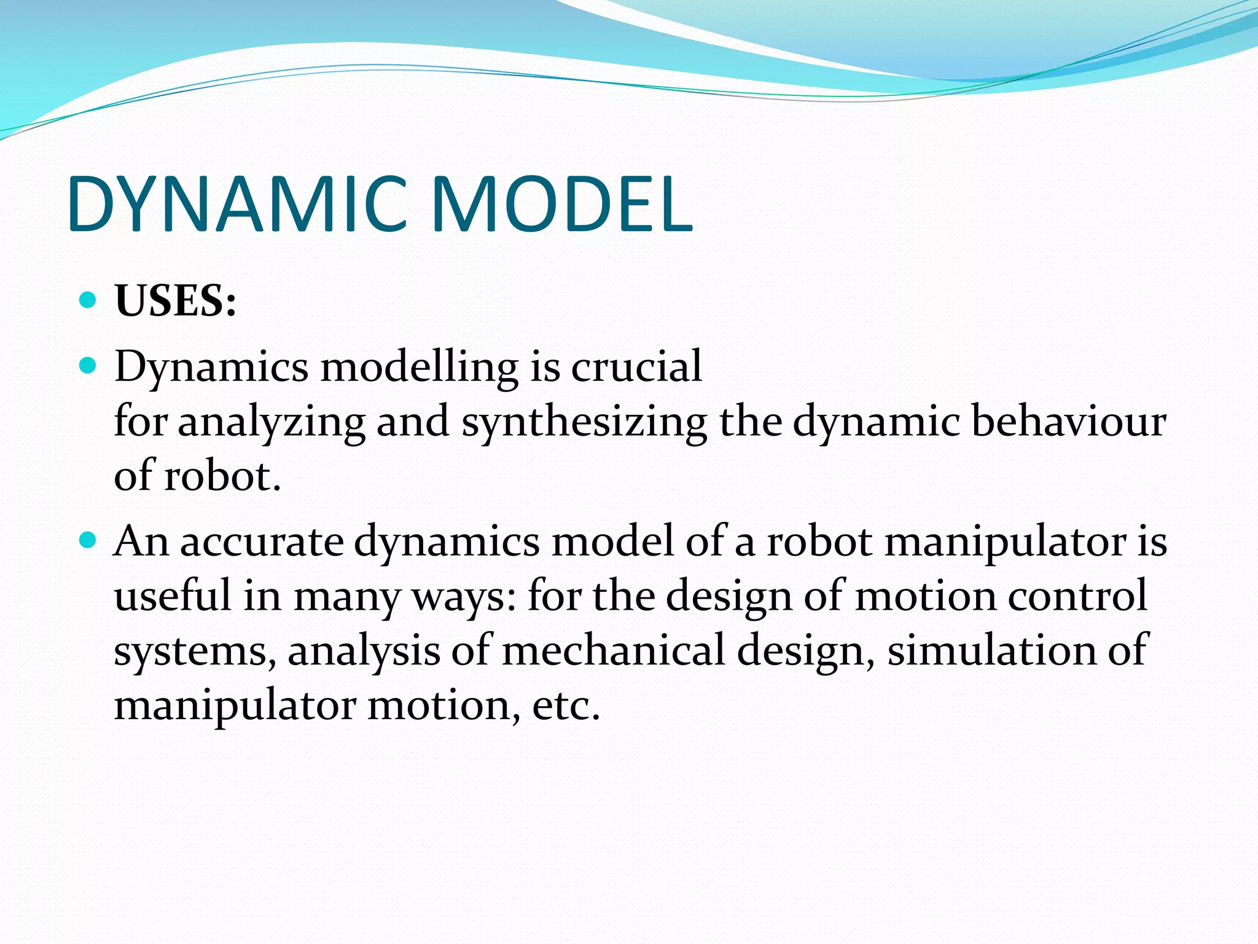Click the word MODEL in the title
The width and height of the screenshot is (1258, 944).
(x=562, y=205)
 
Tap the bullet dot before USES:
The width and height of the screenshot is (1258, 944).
(x=88, y=300)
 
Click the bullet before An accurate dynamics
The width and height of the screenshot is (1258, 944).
(x=88, y=541)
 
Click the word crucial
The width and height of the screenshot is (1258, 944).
(x=636, y=366)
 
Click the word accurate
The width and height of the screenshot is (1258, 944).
(x=262, y=542)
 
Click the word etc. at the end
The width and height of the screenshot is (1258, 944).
(x=566, y=706)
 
